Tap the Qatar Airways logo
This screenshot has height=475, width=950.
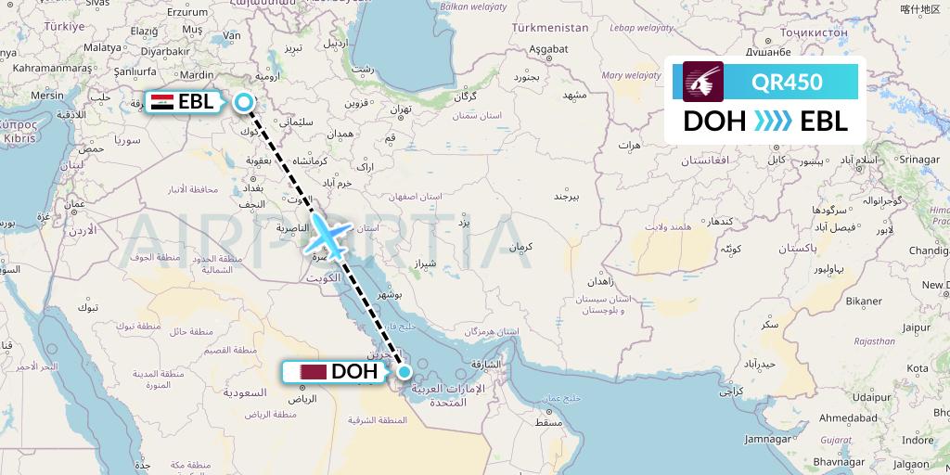[703, 82]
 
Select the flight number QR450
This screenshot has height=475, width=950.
[787, 82]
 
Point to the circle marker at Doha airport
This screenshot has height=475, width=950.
[404, 372]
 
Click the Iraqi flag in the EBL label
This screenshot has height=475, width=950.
[161, 102]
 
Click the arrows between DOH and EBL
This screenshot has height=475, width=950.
[766, 122]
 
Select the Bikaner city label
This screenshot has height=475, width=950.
[863, 302]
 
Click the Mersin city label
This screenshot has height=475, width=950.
[46, 96]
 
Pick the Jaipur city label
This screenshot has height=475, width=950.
[916, 327]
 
